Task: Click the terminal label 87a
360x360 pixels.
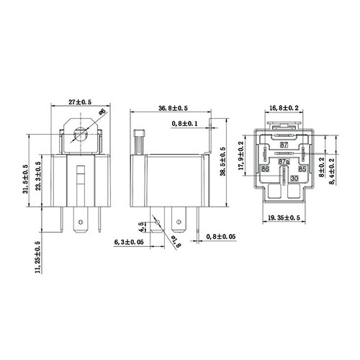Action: click(284, 163)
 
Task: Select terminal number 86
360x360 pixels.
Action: click(265, 169)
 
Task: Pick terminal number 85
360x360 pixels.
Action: click(303, 169)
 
